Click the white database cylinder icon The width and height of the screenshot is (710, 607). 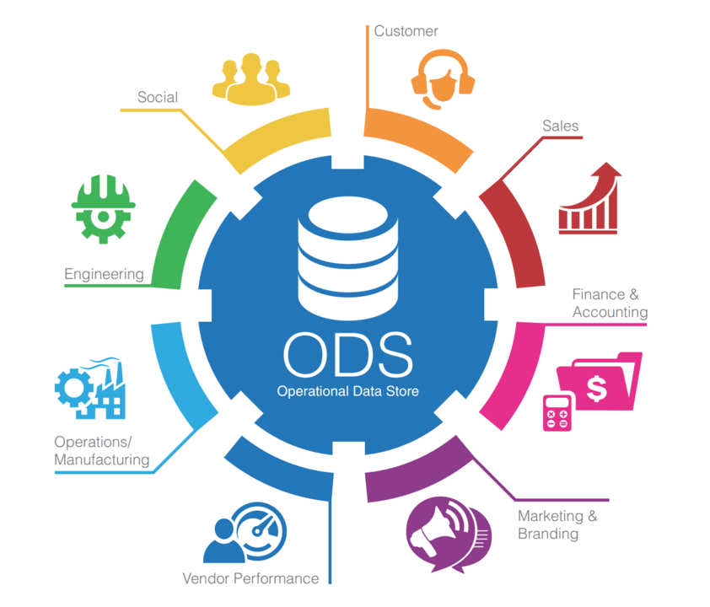pyautogui.click(x=347, y=253)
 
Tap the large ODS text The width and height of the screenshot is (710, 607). pyautogui.click(x=347, y=355)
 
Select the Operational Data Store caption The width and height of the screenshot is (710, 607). pyautogui.click(x=347, y=391)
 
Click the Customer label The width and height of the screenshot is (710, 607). pyautogui.click(x=406, y=31)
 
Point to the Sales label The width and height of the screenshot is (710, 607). pyautogui.click(x=560, y=126)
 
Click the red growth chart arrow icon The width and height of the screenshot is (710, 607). pyautogui.click(x=589, y=200)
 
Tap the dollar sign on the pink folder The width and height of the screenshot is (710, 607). pyautogui.click(x=597, y=389)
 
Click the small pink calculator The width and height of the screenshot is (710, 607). pyautogui.click(x=557, y=412)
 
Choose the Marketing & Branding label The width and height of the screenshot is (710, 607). pyautogui.click(x=557, y=524)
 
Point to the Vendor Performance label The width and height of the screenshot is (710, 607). pyautogui.click(x=250, y=578)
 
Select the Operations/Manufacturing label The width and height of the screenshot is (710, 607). pyautogui.click(x=101, y=451)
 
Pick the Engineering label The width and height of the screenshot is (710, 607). pyautogui.click(x=104, y=274)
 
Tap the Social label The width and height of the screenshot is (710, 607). pyautogui.click(x=158, y=97)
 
